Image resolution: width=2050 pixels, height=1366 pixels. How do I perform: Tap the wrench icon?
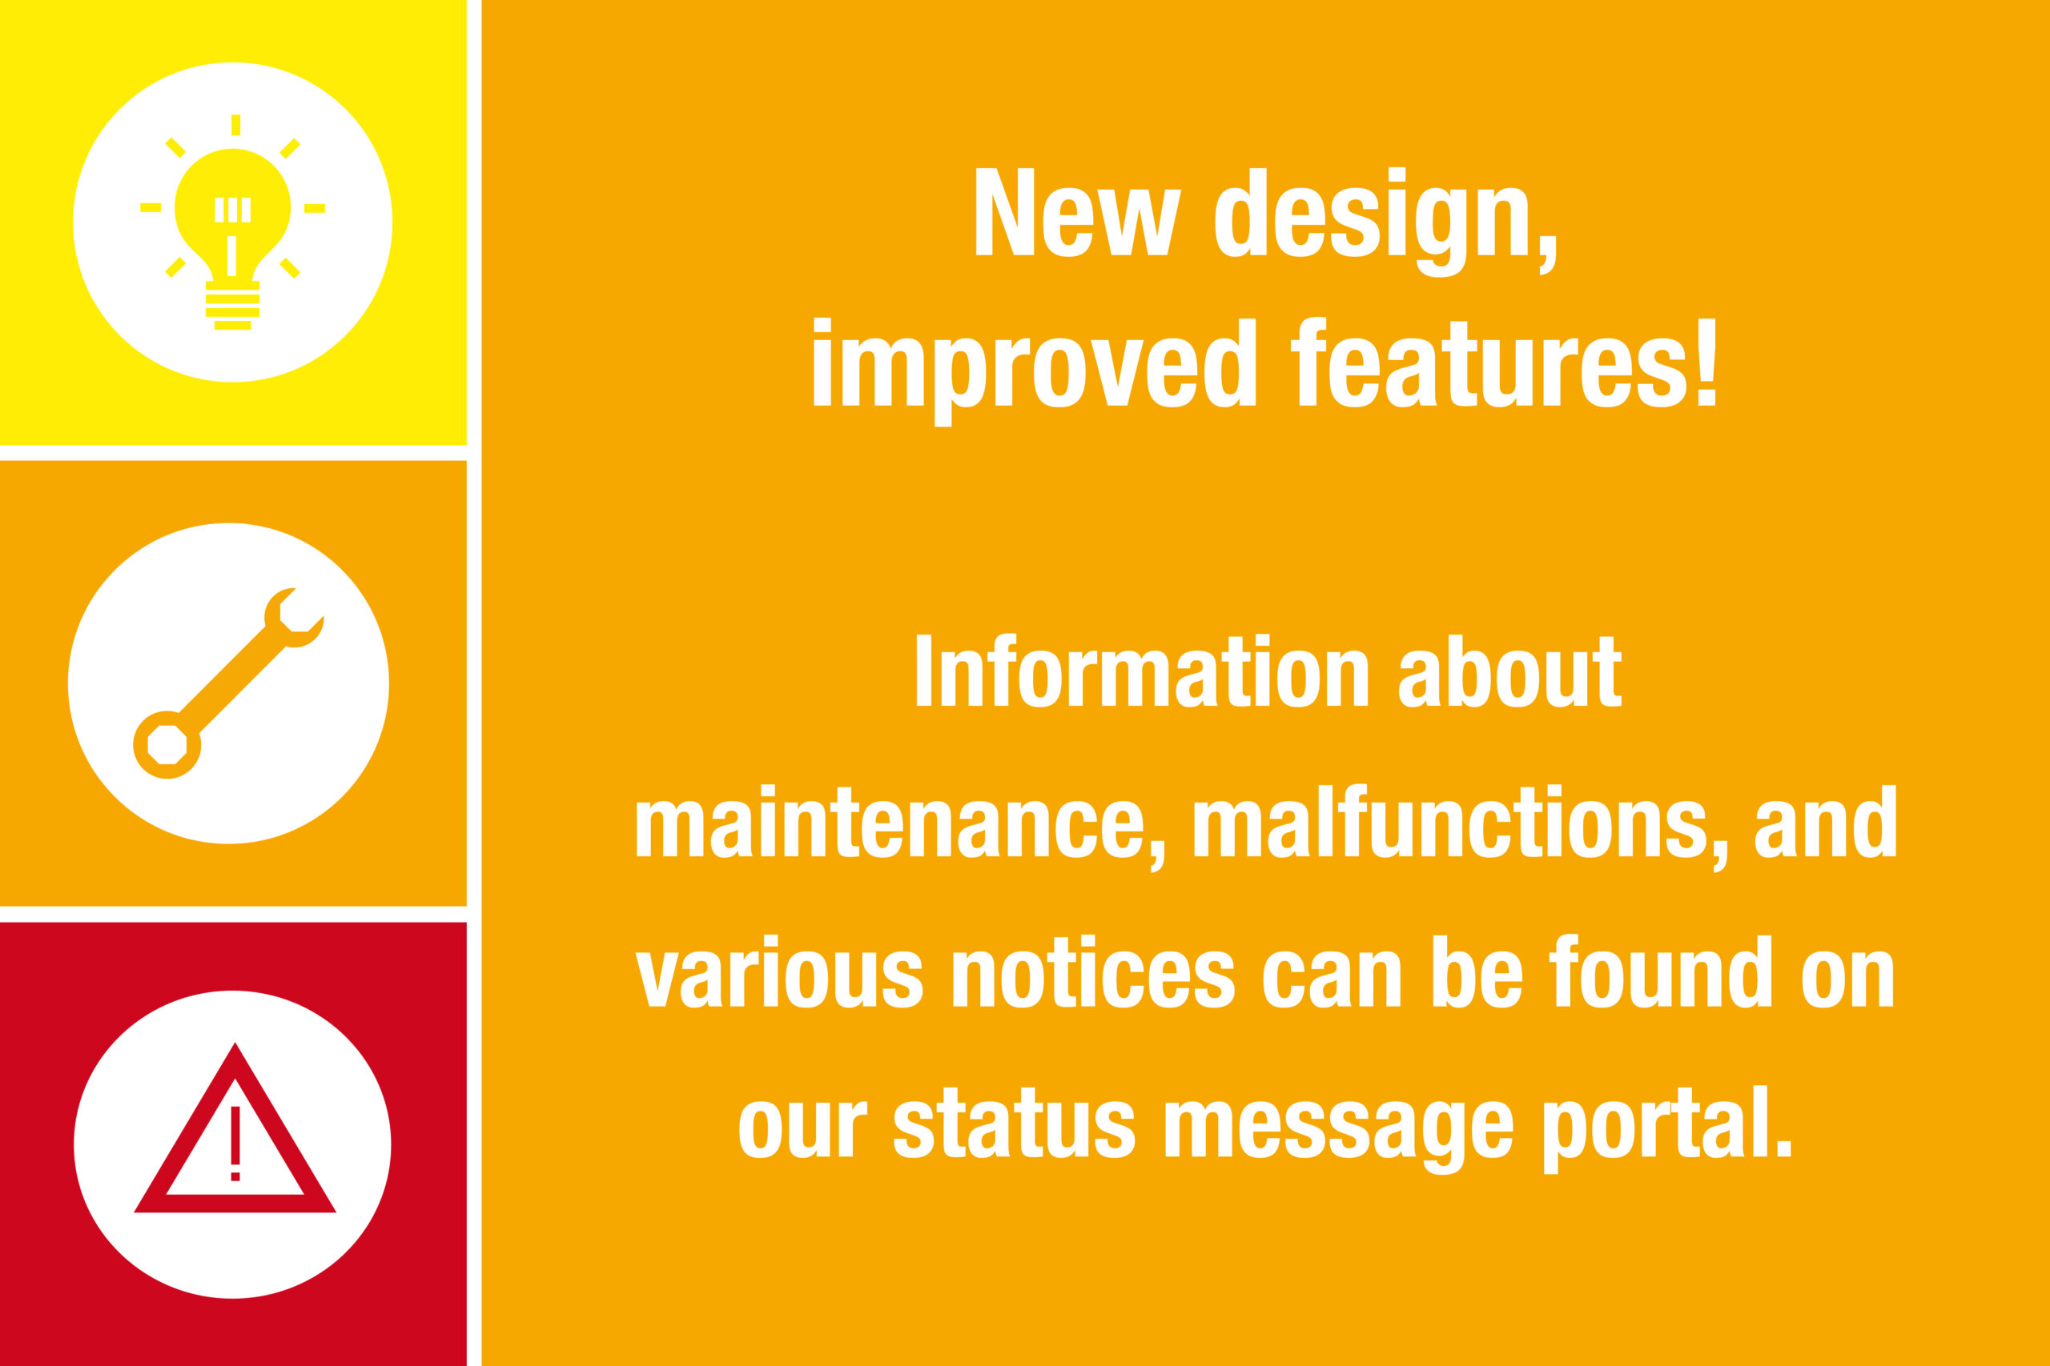tap(228, 683)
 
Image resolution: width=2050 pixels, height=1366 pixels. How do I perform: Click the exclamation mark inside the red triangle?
tap(235, 1143)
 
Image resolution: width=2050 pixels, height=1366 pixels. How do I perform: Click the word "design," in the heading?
tap(1386, 222)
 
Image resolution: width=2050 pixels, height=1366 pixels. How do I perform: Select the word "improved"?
tap(1035, 372)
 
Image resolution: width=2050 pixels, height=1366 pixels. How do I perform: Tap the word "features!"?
tap(1504, 363)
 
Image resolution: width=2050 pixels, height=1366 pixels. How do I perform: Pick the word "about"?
tap(1509, 671)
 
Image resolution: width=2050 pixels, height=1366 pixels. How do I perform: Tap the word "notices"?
tap(1093, 971)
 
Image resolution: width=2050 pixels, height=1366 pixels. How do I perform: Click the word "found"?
tap(1660, 971)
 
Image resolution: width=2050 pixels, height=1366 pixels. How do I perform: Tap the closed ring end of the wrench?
tap(167, 745)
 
